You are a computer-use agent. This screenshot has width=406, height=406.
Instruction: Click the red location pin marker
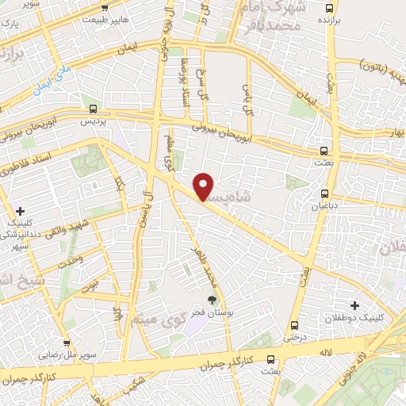coord(204,186)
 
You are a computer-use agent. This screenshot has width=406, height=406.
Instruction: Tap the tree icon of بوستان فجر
coord(212,300)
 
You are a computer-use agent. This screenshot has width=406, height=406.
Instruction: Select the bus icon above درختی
coord(294,325)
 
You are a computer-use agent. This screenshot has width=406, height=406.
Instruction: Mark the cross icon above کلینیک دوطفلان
coord(354,304)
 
